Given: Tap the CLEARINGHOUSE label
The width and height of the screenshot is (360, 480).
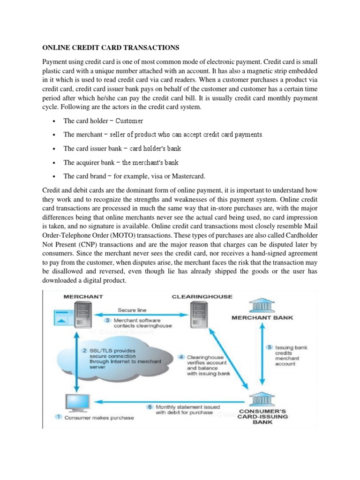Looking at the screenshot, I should point(202,296).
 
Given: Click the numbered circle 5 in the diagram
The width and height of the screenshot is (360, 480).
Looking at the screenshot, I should point(270,347).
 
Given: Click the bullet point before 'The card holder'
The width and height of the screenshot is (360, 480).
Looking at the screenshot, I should point(54,121).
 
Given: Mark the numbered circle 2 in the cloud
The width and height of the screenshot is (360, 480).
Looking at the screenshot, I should point(84,350).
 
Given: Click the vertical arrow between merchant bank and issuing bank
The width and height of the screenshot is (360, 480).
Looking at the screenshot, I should point(262,358).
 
